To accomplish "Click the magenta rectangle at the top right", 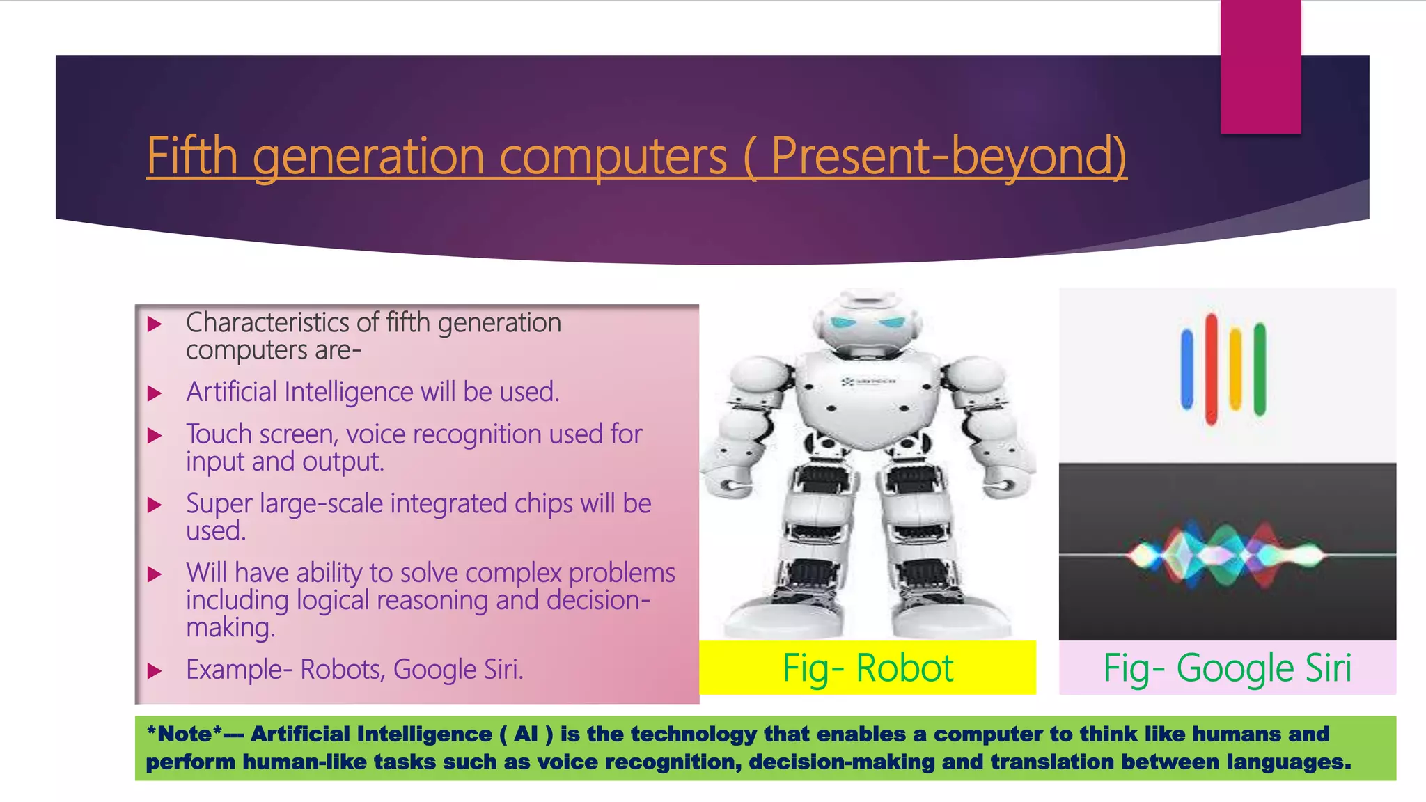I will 1260,66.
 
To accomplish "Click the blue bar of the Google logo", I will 1187,369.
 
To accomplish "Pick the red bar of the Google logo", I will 1212,369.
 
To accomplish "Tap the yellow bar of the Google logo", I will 1235,369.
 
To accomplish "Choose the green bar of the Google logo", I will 1260,369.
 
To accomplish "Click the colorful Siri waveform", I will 1225,555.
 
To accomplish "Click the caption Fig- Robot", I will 868,668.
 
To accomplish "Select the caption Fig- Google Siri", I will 1227,668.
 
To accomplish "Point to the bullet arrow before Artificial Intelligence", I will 155,393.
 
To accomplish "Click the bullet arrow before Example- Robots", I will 155,671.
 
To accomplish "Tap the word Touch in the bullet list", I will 219,434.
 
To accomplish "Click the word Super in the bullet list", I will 219,504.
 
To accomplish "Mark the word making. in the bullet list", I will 230,628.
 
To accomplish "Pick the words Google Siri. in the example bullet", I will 458,670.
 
